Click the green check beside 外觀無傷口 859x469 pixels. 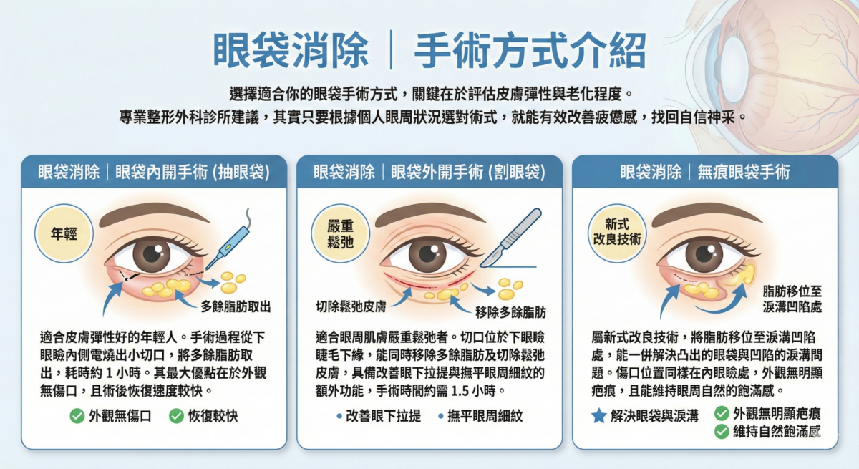pyautogui.click(x=77, y=416)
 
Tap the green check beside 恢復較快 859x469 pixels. pyautogui.click(x=176, y=416)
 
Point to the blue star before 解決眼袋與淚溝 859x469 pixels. pyautogui.click(x=599, y=416)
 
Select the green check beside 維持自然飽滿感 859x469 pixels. pyautogui.click(x=722, y=432)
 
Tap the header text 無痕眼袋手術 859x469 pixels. pyautogui.click(x=744, y=173)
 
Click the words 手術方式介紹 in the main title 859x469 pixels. pyautogui.click(x=530, y=51)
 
